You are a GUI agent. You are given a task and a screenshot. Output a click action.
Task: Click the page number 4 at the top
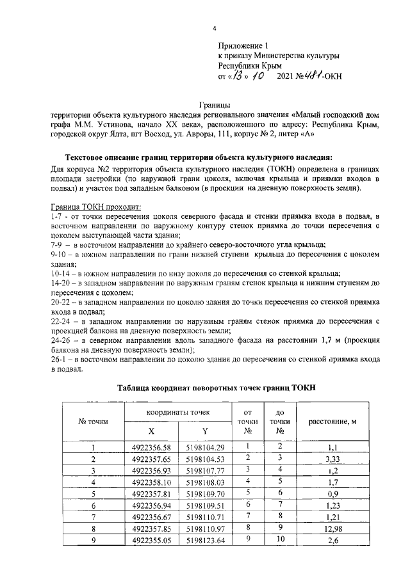point(215,28)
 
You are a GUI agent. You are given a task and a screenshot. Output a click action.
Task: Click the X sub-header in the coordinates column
point(151,431)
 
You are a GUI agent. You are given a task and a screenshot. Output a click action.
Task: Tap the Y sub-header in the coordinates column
point(205,431)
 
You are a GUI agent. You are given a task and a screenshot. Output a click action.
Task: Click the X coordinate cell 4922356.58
point(152,447)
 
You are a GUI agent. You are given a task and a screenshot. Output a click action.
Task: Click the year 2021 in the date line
point(284,75)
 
